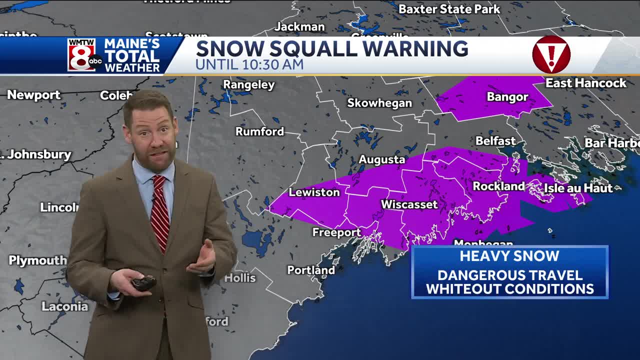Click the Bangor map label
click(507, 97)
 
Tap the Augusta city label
click(381, 159)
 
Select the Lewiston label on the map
click(314, 192)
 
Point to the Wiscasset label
click(409, 204)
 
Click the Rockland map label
click(498, 186)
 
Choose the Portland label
click(310, 270)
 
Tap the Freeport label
click(336, 232)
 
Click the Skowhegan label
click(379, 103)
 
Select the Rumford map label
click(259, 131)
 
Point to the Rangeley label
click(248, 84)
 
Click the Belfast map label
click(495, 141)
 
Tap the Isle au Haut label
click(578, 188)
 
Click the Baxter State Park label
click(449, 9)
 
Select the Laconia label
click(64, 306)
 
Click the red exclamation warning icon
click(551, 54)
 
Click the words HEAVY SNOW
click(509, 256)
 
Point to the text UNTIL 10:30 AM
click(249, 64)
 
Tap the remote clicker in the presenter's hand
click(143, 283)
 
